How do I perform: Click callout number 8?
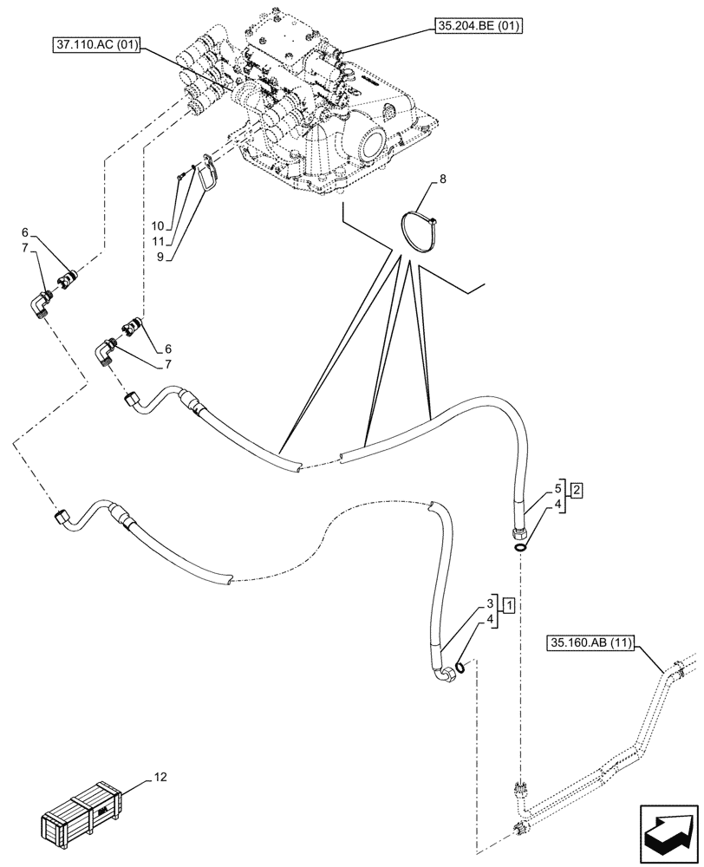442,180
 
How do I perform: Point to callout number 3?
490,603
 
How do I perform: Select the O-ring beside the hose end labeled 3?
464,666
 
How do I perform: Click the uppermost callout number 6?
25,232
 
